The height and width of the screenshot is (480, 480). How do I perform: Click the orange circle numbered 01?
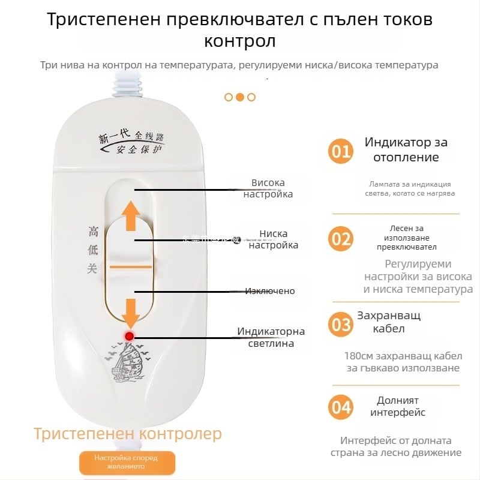[341, 151]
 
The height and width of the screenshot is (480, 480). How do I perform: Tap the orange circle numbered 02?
[341, 239]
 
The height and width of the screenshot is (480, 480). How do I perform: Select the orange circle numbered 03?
[341, 325]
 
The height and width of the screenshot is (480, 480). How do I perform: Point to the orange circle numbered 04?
[341, 408]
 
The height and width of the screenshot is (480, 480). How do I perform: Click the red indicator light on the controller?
[129, 337]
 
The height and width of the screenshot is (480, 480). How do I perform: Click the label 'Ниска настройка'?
[273, 239]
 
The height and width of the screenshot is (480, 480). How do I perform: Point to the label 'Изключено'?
[269, 291]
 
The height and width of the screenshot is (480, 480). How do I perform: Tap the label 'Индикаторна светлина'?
[271, 337]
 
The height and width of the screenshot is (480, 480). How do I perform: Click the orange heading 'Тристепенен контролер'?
[127, 433]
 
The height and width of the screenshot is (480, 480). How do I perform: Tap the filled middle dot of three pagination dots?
[239, 97]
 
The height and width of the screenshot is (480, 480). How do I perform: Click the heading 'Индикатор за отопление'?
[406, 150]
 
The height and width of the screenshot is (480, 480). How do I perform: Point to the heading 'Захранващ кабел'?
[389, 322]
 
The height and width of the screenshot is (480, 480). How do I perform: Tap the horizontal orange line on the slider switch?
[131, 266]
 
